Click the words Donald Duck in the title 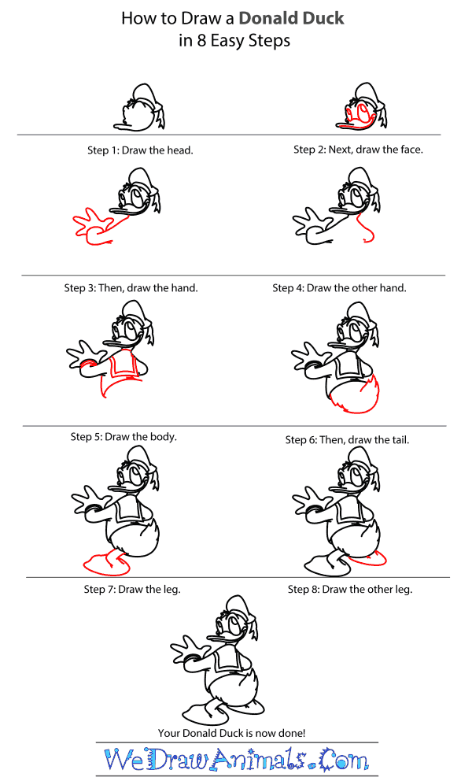(291, 18)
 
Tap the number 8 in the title (201, 40)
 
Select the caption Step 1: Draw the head (140, 150)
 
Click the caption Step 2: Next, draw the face (358, 150)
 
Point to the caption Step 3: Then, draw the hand (131, 288)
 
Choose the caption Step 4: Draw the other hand (339, 288)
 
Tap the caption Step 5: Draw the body (124, 437)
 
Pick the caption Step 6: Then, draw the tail (347, 440)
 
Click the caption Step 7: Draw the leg (132, 589)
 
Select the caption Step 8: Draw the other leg (350, 589)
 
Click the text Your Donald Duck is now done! (231, 733)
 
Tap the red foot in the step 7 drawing (106, 564)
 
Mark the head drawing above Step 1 (139, 108)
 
